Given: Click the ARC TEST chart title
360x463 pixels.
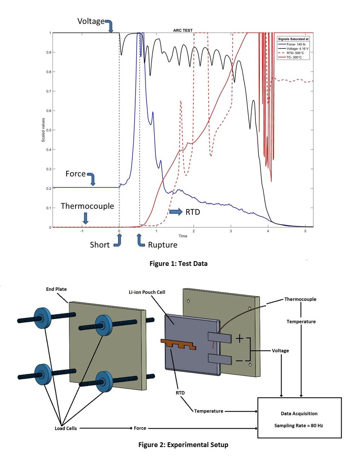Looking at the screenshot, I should [x=183, y=30].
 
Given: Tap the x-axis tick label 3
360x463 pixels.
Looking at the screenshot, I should [x=231, y=231].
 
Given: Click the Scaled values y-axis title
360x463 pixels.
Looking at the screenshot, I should [x=43, y=130].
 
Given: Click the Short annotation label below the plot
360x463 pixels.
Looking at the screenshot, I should [x=99, y=245].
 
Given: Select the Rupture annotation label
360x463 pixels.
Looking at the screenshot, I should [x=163, y=245].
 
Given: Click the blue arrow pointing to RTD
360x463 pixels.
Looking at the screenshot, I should [x=176, y=212].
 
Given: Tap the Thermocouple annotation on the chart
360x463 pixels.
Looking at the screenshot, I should [x=87, y=206].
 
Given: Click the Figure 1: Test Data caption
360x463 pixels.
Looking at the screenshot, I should [x=178, y=264].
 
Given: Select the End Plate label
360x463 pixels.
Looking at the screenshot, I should [x=56, y=289].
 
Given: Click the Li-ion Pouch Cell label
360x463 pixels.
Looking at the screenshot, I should [x=147, y=292].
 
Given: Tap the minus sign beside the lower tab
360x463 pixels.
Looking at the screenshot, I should [x=239, y=361].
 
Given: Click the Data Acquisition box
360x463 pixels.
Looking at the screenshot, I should [x=299, y=418].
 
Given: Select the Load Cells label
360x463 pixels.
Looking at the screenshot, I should [x=65, y=428].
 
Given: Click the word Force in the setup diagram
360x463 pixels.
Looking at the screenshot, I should [x=140, y=428].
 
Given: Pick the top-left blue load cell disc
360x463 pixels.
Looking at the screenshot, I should [x=42, y=318].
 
